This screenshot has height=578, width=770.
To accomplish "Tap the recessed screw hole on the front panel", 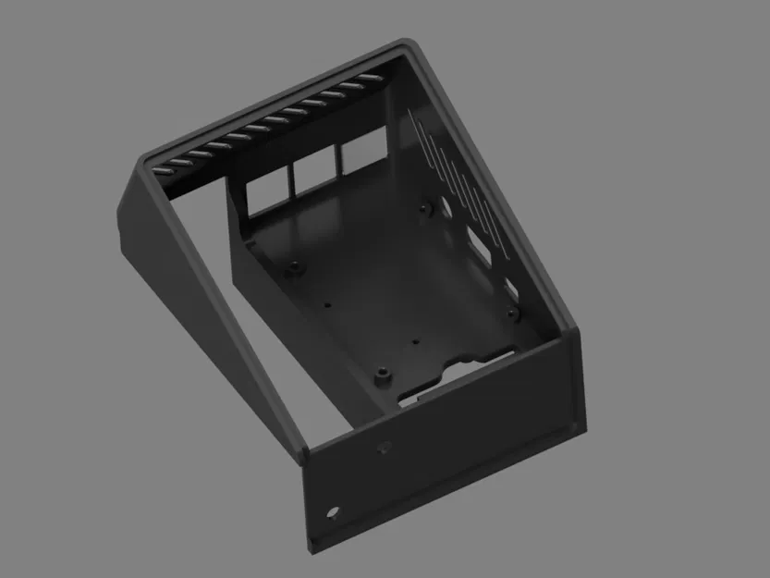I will [383, 449].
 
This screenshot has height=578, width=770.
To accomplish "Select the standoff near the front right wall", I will [513, 314].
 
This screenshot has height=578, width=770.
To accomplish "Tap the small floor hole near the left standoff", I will [326, 301].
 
